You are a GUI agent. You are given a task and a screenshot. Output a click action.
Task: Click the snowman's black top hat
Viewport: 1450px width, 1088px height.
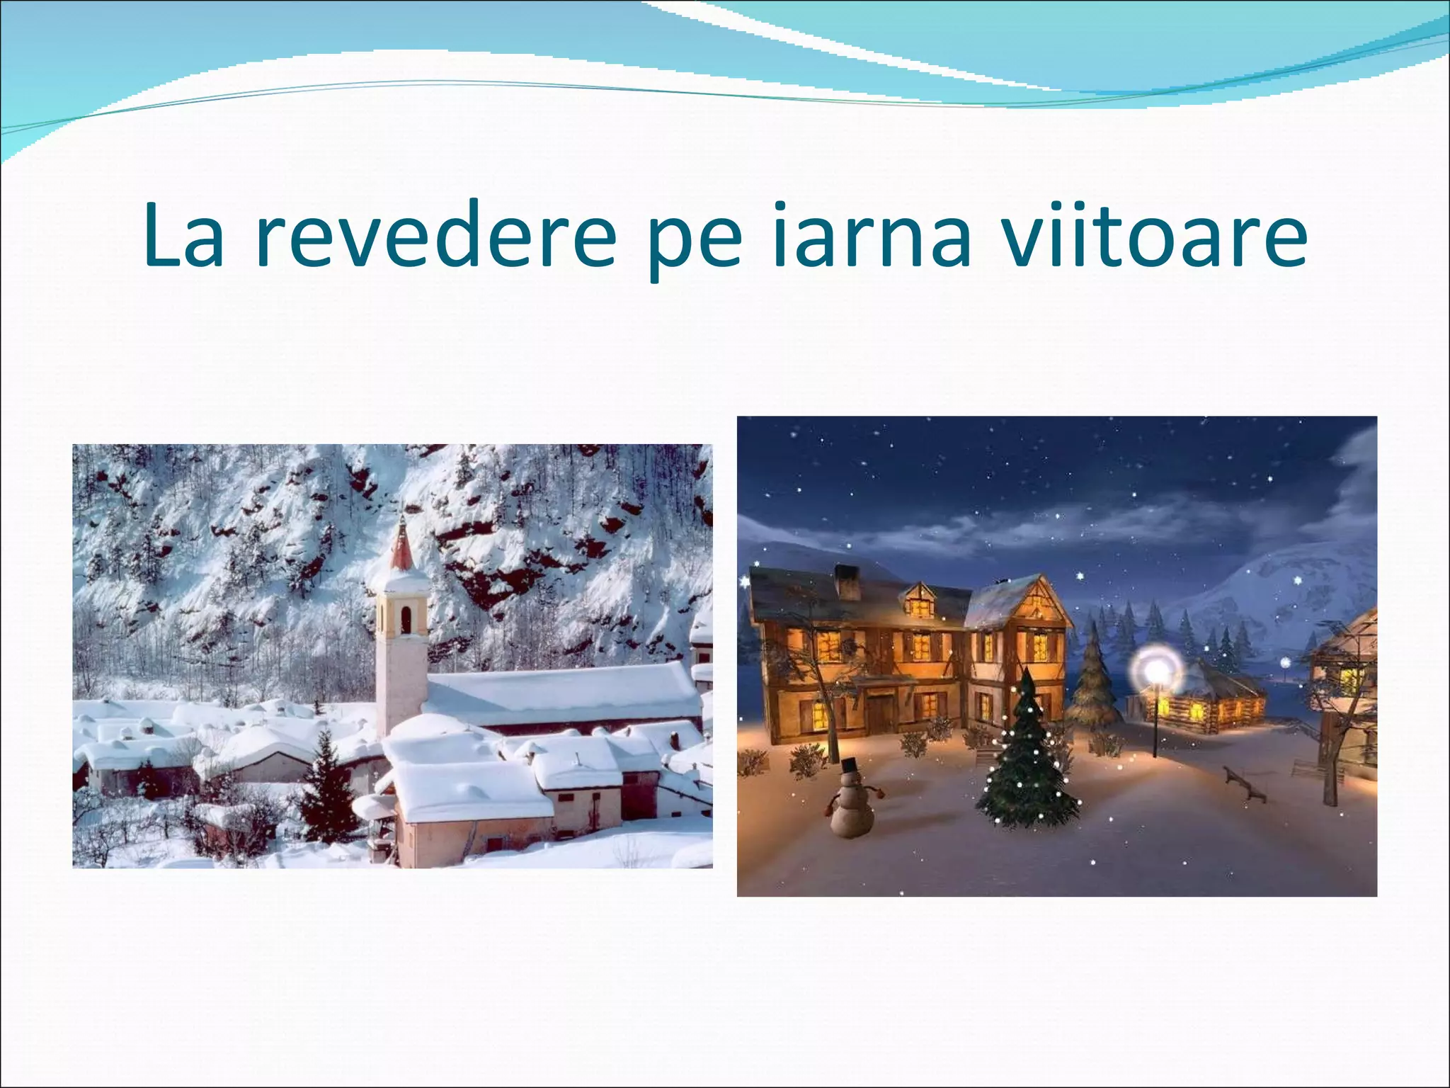[850, 766]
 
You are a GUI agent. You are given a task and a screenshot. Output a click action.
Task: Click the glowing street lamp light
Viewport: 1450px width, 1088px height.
[1155, 668]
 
